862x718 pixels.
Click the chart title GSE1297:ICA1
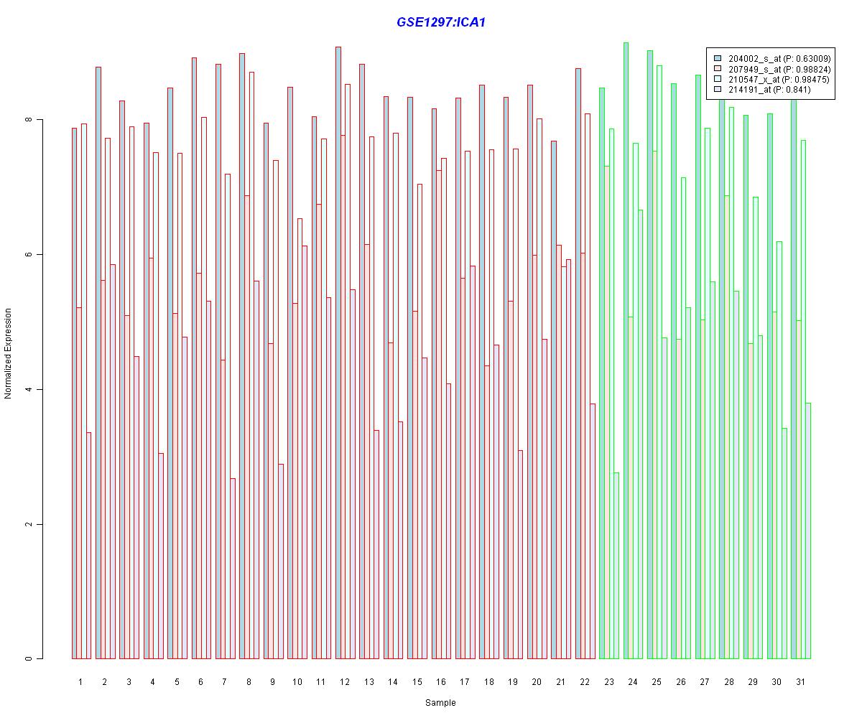pos(440,22)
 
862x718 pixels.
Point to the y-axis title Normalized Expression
pos(7,353)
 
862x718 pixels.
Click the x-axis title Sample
pos(440,702)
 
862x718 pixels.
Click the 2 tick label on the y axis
pos(29,524)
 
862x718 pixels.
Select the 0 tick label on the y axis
pos(29,658)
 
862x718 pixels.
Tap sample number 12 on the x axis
pos(345,681)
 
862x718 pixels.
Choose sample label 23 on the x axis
pos(609,681)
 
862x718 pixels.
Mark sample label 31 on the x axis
pos(800,681)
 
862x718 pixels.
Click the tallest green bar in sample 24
pos(626,350)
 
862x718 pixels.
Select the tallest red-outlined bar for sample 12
pos(338,353)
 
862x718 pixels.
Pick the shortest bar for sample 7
pos(233,569)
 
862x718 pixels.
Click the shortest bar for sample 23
pos(616,566)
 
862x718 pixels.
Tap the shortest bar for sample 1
pos(89,546)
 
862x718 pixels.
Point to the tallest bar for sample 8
pos(242,356)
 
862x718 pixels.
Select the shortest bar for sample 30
pos(784,544)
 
